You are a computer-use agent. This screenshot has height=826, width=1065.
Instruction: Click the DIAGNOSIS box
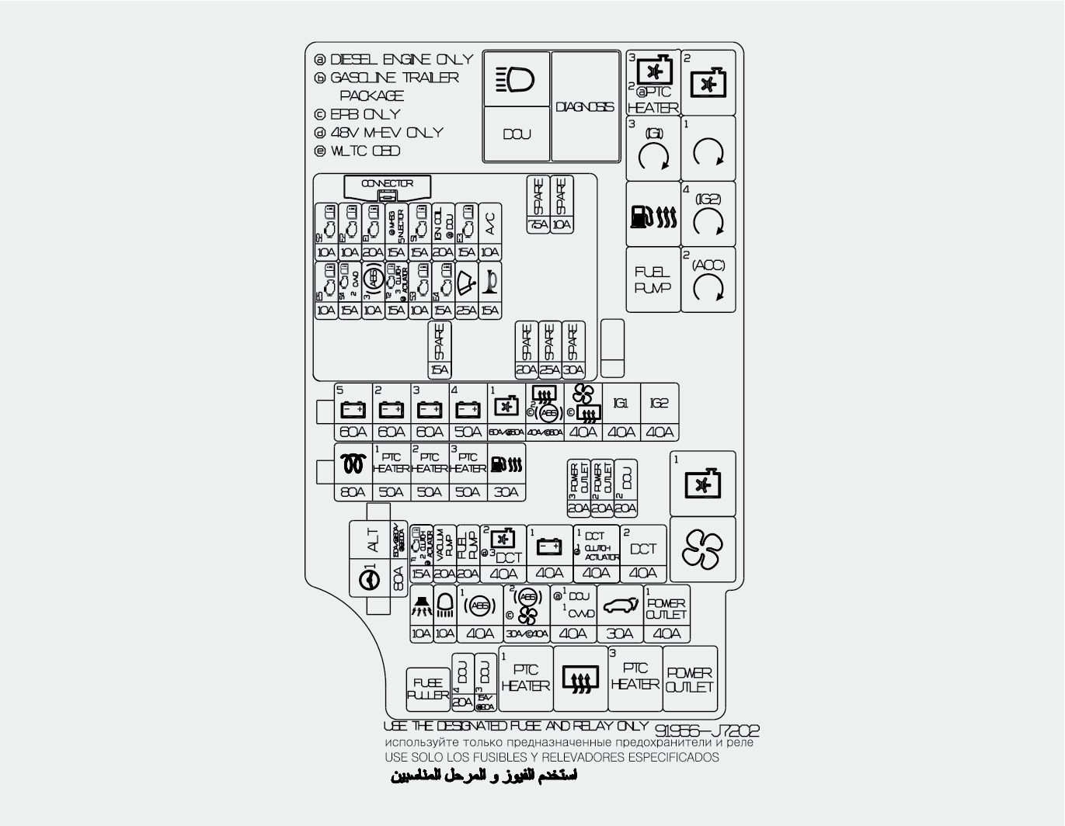click(585, 106)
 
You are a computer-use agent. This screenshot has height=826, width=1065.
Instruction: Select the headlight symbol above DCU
click(517, 79)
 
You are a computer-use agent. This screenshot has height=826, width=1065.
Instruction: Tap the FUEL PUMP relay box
click(653, 279)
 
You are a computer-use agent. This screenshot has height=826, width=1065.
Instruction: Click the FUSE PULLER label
click(428, 689)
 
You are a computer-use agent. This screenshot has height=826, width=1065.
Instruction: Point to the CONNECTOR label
click(387, 184)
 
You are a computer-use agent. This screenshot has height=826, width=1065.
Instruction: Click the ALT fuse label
click(374, 540)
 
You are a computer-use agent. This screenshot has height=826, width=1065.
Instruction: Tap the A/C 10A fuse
click(490, 231)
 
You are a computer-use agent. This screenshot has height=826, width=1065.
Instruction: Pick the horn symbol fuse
click(490, 289)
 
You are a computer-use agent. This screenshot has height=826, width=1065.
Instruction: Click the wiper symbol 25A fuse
click(467, 289)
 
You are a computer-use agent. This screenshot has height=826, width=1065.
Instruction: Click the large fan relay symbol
click(702, 550)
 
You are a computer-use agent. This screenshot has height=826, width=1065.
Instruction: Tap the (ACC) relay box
click(708, 279)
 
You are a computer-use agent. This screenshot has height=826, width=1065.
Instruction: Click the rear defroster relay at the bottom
click(580, 679)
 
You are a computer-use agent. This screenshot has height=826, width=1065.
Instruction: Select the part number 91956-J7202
click(707, 731)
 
